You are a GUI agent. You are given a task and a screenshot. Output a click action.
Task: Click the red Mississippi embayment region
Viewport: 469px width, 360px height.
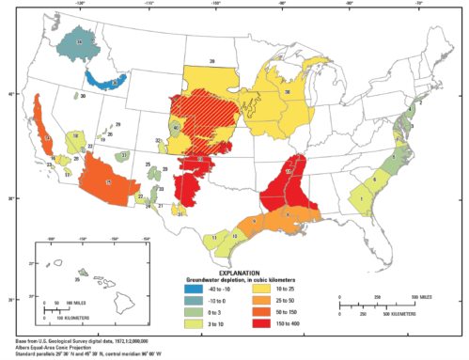[x=288, y=188]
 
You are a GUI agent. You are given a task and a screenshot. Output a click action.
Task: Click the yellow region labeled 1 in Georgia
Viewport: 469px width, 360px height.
[x=361, y=198]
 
